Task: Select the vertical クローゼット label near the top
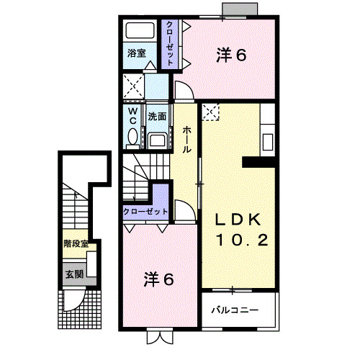[170, 43]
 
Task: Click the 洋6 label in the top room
[231, 54]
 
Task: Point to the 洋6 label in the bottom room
[159, 279]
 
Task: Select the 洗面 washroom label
[158, 115]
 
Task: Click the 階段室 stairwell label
[75, 244]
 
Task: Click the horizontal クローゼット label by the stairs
[145, 211]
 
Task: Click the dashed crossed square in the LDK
[211, 111]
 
